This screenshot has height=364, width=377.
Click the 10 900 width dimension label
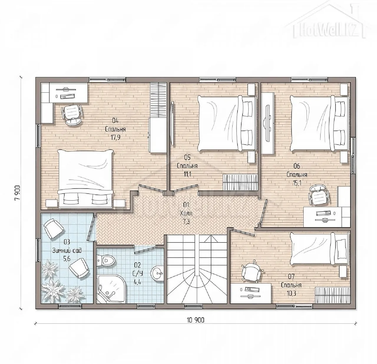click(196, 320)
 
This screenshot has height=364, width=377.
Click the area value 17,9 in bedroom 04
click(115, 137)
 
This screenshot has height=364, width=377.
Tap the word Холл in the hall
click(186, 213)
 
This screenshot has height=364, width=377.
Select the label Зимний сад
click(67, 250)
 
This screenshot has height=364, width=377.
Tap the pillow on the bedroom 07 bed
click(341, 249)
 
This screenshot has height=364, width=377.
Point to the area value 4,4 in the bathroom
click(137, 282)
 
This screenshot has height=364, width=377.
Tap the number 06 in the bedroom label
click(297, 166)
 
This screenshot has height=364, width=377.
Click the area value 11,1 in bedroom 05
click(187, 174)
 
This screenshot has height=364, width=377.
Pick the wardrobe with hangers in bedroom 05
click(240, 182)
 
